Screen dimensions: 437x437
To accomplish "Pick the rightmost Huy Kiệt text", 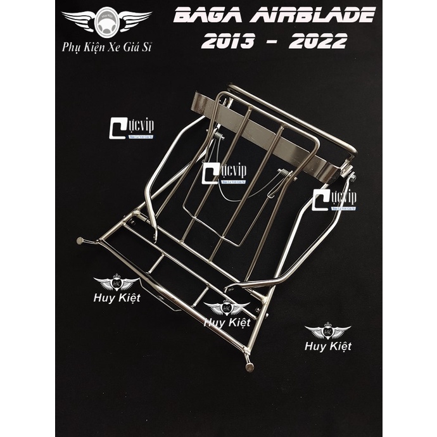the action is pyautogui.click(x=327, y=346).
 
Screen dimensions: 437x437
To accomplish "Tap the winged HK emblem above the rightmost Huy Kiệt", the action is pyautogui.click(x=327, y=331).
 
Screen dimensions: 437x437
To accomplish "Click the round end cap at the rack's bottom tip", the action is pyautogui.click(x=249, y=367).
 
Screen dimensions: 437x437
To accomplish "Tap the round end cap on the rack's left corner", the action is pyautogui.click(x=80, y=241).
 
